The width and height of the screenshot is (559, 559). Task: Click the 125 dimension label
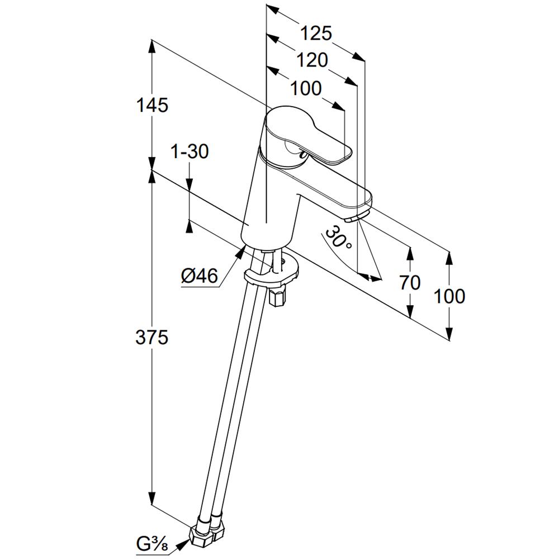coord(316,33)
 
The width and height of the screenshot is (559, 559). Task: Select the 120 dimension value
coord(312,60)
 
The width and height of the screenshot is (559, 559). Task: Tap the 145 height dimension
coord(152,105)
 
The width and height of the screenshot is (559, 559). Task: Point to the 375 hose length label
coord(151,337)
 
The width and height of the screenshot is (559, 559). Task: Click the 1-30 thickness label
coord(190,151)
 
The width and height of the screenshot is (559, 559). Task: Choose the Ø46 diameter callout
coord(200,276)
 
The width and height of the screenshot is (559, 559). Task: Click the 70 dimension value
coord(410,283)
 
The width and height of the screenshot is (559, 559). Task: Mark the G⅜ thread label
coord(152,544)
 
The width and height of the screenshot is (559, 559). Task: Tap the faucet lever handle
coord(306,135)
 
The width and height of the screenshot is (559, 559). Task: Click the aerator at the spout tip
coord(357,217)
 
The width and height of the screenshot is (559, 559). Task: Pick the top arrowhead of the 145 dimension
coord(152,47)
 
